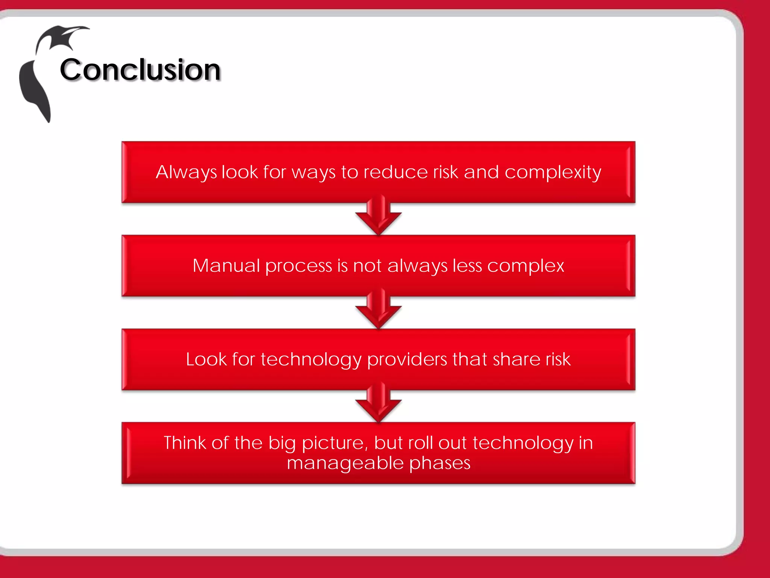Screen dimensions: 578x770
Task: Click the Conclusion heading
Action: point(140,70)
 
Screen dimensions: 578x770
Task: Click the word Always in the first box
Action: point(186,172)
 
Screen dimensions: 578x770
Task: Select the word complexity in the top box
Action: point(552,172)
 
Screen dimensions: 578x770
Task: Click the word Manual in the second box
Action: point(226,266)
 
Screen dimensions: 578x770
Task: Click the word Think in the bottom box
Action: point(185,443)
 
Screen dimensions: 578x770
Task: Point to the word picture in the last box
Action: point(335,443)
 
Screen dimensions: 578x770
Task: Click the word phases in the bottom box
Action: point(440,463)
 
